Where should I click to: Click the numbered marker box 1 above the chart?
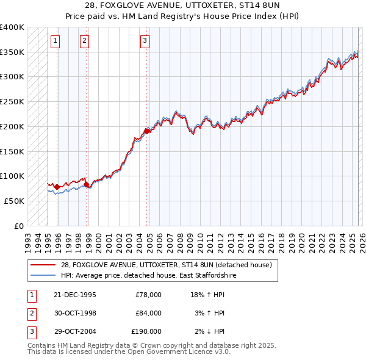[55, 41]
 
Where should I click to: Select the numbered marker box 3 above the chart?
[145, 41]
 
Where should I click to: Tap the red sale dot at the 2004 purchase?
[147, 131]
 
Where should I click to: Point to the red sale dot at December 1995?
[57, 187]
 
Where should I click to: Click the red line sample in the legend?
[43, 265]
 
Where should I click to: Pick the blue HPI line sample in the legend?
[43, 276]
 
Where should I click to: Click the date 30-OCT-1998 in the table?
[75, 313]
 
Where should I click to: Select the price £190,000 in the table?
[146, 331]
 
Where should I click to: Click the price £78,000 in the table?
[148, 295]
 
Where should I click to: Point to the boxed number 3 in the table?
[31, 331]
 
